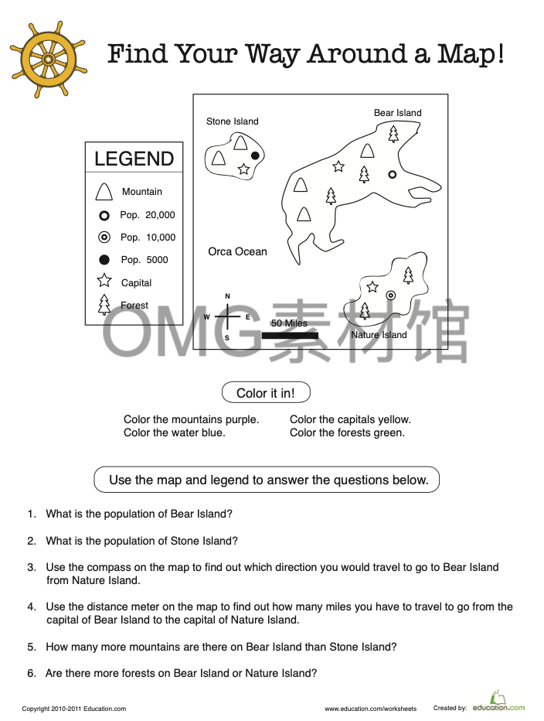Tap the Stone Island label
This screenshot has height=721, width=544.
pyautogui.click(x=232, y=121)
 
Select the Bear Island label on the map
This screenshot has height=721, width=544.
pyautogui.click(x=397, y=113)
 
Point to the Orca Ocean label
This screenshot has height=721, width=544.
pyautogui.click(x=237, y=251)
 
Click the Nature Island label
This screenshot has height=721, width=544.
pyautogui.click(x=379, y=335)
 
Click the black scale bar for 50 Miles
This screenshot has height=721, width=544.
pyautogui.click(x=289, y=336)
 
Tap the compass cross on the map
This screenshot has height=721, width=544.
pyautogui.click(x=227, y=317)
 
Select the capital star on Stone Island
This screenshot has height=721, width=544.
pyautogui.click(x=244, y=169)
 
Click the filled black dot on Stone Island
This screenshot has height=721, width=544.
pyautogui.click(x=255, y=155)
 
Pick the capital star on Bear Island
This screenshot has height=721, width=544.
pyautogui.click(x=338, y=166)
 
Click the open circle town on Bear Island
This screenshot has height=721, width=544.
pyautogui.click(x=392, y=174)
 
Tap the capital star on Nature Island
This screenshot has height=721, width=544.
pyautogui.click(x=372, y=287)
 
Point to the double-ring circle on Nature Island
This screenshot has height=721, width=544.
pyautogui.click(x=391, y=295)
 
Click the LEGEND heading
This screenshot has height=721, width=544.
pyautogui.click(x=134, y=159)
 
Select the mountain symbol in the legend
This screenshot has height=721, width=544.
pyautogui.click(x=104, y=191)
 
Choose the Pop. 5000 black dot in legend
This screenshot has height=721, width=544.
pyautogui.click(x=104, y=260)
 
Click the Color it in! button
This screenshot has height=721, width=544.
pyautogui.click(x=265, y=393)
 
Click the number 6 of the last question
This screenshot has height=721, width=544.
pyautogui.click(x=31, y=674)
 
